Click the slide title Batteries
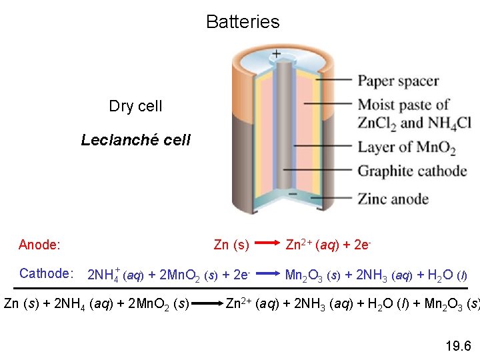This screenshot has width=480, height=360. click(243, 22)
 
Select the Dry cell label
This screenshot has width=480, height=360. click(135, 107)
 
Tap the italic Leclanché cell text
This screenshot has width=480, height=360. click(135, 140)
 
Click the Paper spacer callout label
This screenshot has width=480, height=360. click(399, 81)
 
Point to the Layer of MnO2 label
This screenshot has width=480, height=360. click(407, 147)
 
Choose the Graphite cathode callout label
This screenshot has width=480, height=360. click(412, 171)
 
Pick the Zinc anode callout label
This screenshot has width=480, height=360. click(393, 199)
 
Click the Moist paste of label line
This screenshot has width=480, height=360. click(403, 105)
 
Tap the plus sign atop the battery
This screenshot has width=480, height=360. click(276, 53)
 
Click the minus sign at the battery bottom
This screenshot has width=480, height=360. click(292, 193)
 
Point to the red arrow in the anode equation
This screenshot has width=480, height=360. click(267, 245)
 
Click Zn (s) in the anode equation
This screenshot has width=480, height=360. click(231, 245)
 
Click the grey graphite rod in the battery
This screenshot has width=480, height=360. click(283, 120)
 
